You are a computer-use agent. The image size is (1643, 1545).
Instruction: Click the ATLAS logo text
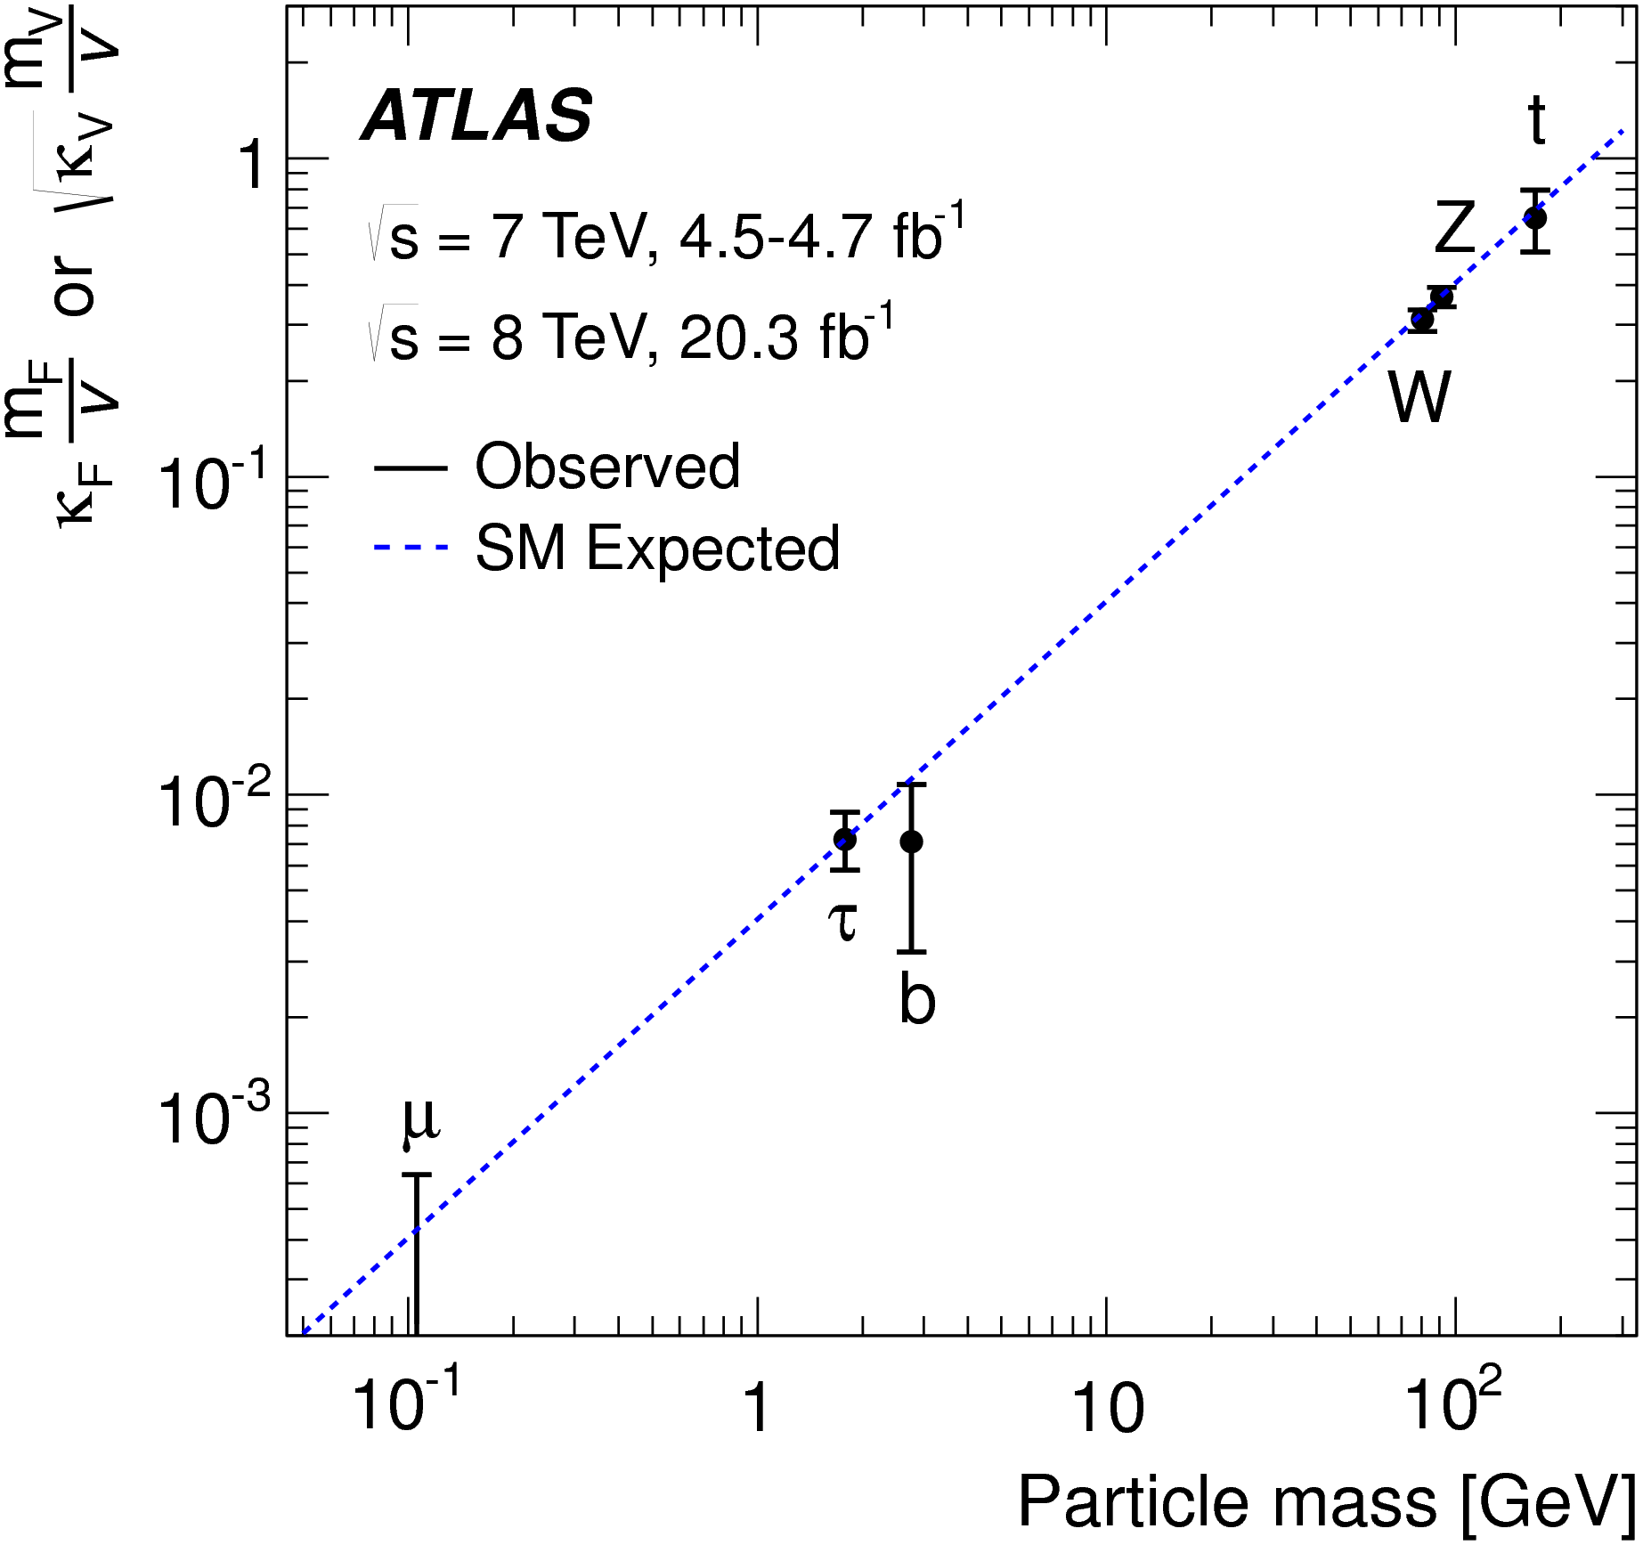[476, 117]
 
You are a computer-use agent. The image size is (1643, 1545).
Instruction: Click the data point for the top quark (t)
[1535, 218]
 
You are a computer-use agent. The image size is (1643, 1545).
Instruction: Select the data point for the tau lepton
[844, 839]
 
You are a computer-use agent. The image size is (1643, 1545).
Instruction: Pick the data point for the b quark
[910, 842]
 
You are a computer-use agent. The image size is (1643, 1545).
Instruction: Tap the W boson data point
[1422, 320]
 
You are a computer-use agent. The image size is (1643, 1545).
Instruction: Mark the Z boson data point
[1442, 297]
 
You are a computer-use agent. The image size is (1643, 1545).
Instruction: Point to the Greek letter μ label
[419, 1120]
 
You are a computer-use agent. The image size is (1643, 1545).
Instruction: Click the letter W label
[1419, 397]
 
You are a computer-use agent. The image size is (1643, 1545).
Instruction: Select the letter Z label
[1455, 229]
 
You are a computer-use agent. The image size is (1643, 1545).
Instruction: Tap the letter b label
[917, 998]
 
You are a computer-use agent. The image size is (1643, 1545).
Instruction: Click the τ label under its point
[843, 922]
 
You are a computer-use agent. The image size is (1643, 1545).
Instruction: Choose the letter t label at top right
[1536, 120]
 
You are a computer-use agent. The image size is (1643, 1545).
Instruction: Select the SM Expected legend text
[657, 548]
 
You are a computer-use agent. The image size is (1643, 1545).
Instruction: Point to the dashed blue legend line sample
[411, 548]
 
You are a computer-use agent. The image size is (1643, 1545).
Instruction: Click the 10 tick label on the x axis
[1108, 1410]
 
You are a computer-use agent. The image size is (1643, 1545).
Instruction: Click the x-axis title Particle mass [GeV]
[1327, 1502]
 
